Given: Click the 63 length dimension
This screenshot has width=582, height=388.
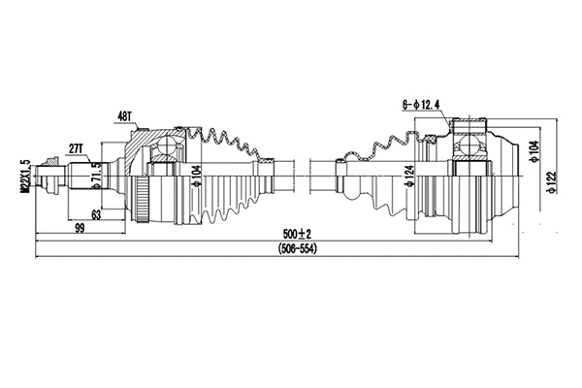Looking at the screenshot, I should [96, 214].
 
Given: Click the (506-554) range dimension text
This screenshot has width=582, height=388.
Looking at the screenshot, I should [296, 249].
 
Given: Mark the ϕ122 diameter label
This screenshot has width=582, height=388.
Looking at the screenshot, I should [550, 181].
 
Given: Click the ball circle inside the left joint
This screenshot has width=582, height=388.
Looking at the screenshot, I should [165, 146].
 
